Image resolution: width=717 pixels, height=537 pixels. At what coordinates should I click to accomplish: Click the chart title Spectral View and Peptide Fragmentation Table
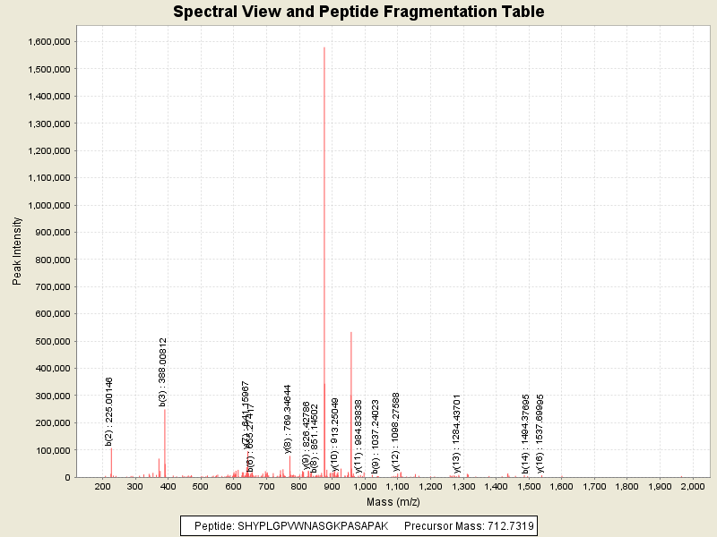point(358,13)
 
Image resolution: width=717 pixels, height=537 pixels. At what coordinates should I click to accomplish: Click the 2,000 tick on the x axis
point(692,487)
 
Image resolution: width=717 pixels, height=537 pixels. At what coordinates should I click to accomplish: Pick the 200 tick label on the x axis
point(103,487)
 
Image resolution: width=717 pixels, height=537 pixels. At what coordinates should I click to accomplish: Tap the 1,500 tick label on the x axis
point(529,487)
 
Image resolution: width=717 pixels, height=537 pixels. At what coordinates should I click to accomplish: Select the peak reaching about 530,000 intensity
point(351,333)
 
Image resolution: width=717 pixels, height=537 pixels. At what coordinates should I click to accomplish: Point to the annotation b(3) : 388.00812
point(163,372)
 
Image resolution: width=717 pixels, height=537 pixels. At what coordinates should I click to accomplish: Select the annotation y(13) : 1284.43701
point(456,432)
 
